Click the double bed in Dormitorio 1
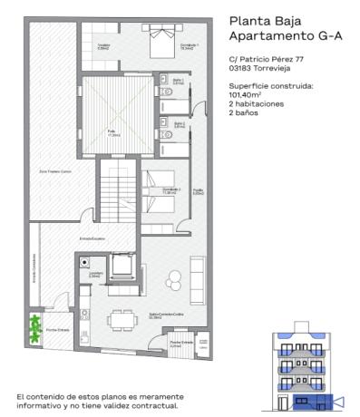(162, 36)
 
